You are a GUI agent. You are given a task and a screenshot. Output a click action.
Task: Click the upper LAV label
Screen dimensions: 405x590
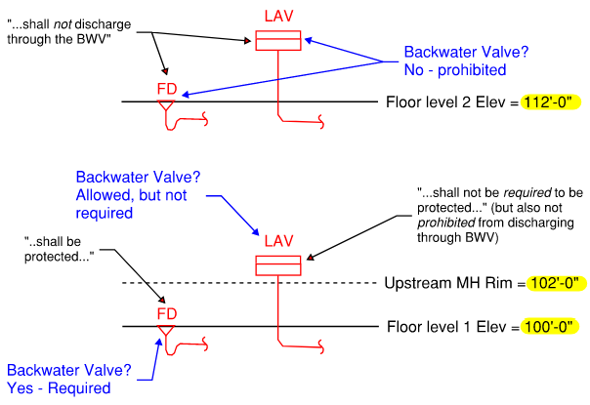[x=280, y=17]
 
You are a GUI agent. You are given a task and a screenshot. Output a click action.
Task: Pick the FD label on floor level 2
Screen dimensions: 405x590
[x=168, y=89]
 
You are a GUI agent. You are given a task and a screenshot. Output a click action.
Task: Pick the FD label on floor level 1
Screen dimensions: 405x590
[x=168, y=314]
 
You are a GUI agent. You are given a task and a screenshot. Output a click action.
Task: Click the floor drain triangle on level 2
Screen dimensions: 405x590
[x=166, y=104]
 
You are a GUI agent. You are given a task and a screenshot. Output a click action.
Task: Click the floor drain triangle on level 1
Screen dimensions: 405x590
[x=166, y=331]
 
